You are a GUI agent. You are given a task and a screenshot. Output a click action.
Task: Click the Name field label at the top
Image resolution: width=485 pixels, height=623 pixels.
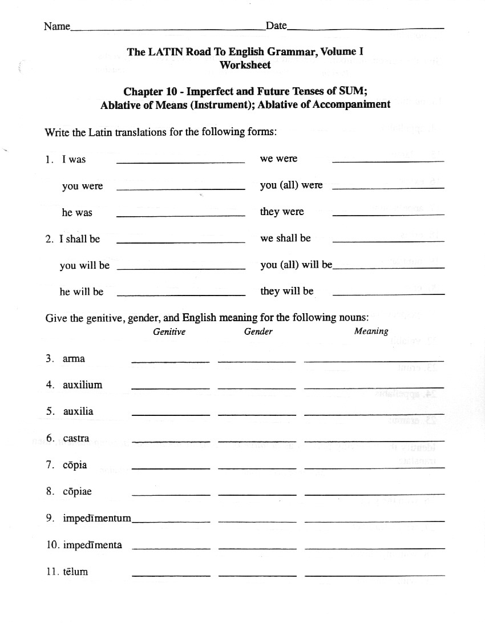(56, 26)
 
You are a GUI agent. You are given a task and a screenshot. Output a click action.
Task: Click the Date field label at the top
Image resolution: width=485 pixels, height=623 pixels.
(276, 26)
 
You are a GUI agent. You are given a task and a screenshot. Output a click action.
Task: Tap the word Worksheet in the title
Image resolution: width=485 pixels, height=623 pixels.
(245, 65)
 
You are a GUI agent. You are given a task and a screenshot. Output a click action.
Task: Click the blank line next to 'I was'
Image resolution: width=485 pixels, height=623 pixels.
(180, 162)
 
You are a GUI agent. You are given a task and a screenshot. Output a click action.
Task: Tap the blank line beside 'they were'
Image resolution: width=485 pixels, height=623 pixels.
(387, 214)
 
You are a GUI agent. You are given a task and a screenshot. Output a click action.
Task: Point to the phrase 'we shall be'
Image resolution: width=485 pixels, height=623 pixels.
(285, 238)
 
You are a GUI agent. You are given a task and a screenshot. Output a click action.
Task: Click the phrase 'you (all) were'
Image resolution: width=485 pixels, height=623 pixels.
(291, 185)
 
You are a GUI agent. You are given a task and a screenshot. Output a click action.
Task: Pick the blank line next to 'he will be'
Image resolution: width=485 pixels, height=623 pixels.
(180, 294)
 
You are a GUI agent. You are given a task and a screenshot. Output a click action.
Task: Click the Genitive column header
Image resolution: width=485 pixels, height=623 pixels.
(169, 331)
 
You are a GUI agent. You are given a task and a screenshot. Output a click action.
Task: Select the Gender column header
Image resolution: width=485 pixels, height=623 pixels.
(258, 331)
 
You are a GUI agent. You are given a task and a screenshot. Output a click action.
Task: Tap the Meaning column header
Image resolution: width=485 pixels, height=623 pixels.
(371, 331)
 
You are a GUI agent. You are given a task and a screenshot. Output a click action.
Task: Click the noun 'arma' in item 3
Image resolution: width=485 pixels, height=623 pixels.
(74, 359)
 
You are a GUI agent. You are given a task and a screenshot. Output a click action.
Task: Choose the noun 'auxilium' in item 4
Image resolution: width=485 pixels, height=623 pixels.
(82, 385)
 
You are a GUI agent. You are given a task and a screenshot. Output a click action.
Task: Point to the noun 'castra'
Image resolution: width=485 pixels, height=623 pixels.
(76, 439)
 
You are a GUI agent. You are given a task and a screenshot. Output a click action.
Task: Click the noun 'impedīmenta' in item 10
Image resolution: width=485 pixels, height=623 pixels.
(92, 545)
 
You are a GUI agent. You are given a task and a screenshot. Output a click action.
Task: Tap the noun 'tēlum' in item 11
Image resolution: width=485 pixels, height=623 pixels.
(75, 572)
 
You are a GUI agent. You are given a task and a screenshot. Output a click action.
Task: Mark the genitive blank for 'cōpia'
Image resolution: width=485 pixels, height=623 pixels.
(171, 468)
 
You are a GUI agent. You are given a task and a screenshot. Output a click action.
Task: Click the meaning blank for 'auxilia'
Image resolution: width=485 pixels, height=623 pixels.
(374, 414)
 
